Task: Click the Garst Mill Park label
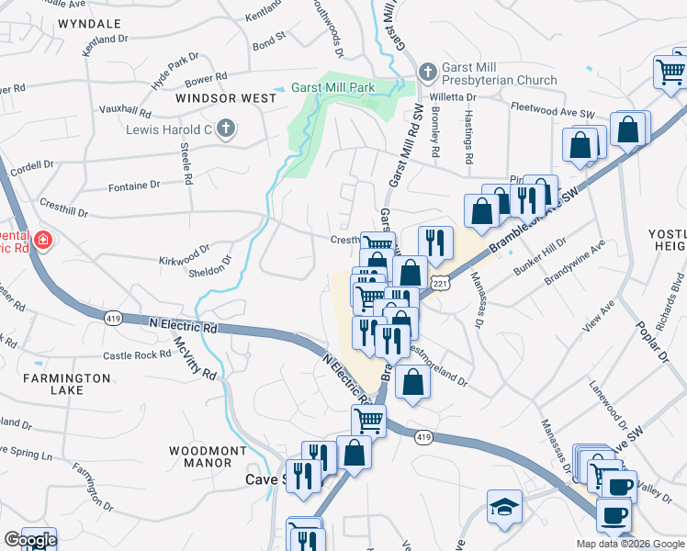333,87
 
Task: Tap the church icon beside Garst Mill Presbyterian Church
427,72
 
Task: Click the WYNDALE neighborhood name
89,22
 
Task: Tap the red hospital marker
42,242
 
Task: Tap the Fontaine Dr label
133,186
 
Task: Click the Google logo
29,540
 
